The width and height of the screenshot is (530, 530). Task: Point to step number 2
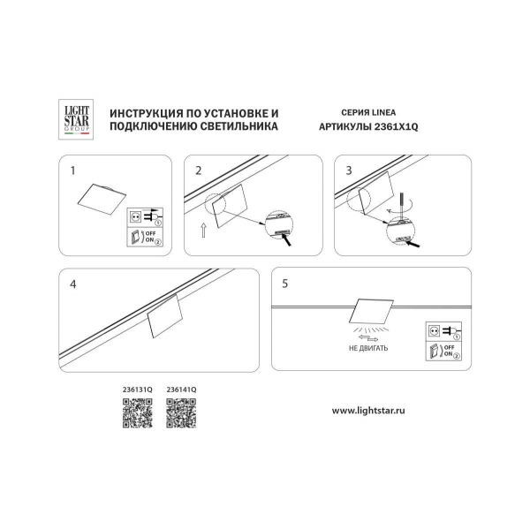(200, 169)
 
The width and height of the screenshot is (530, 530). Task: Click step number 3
(350, 169)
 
